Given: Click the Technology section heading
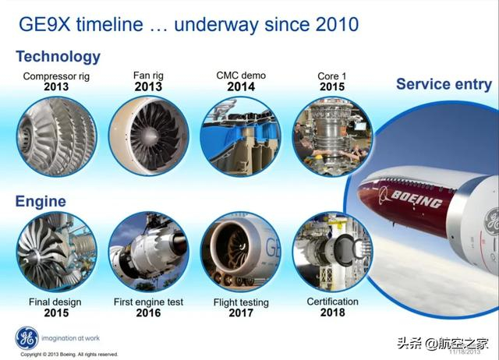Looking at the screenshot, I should [x=58, y=56].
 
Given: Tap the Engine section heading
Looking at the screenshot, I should [x=41, y=202].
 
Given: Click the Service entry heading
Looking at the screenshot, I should [x=444, y=84].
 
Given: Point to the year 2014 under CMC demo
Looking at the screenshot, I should [x=241, y=87].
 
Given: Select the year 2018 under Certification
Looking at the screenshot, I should [x=333, y=312].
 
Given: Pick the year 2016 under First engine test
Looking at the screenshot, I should [x=148, y=313].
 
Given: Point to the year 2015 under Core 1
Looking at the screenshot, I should [x=333, y=87].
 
